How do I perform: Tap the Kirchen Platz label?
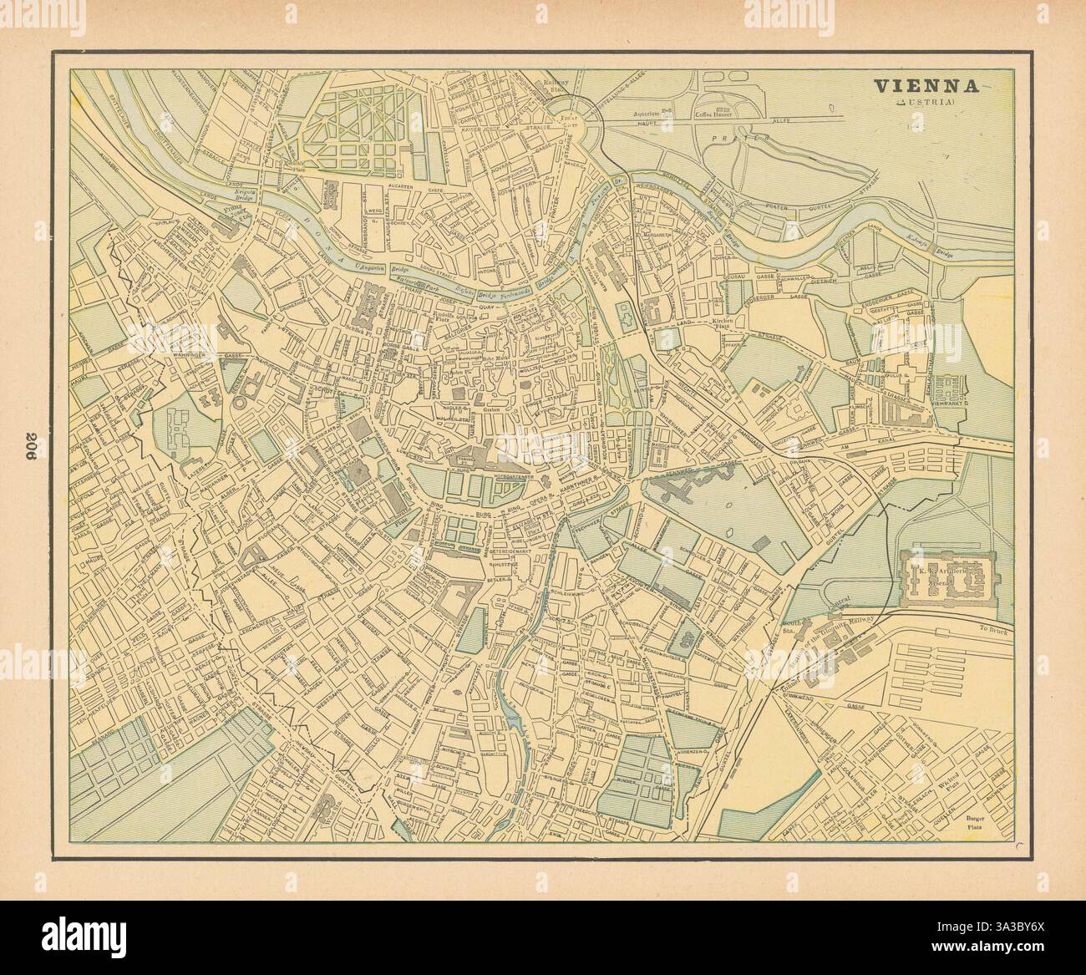tap(721, 323)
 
